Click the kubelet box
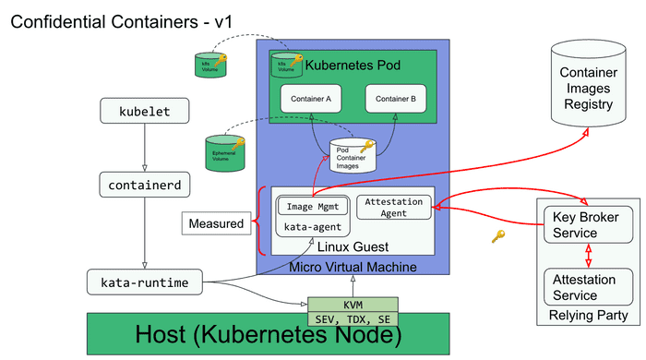click(x=145, y=112)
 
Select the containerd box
click(x=145, y=185)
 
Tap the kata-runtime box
click(x=145, y=281)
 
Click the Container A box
click(x=311, y=98)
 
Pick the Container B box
click(x=396, y=98)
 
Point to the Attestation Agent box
click(x=394, y=207)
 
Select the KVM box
click(x=353, y=304)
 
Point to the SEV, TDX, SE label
click(x=353, y=318)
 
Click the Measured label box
click(x=216, y=223)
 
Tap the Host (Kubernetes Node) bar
click(x=269, y=334)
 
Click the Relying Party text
click(x=589, y=316)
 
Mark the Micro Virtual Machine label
click(x=353, y=267)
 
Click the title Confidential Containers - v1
click(x=116, y=20)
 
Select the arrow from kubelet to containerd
click(x=145, y=148)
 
